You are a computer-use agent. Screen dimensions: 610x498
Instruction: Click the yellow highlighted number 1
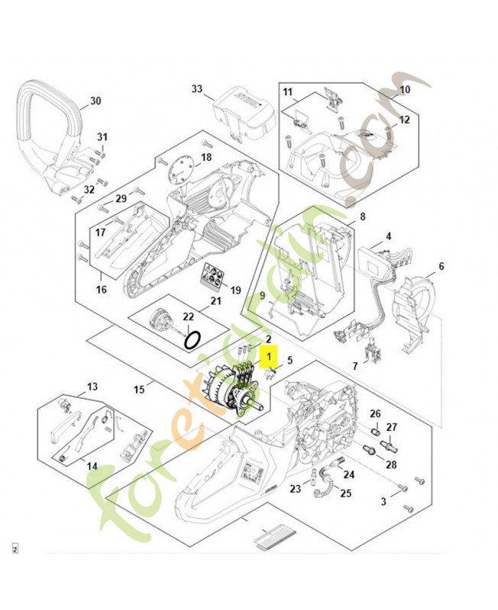pos(269,355)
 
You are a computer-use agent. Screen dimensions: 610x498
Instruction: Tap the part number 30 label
pos(95,101)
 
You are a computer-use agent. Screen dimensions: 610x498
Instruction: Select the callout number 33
pos(197,89)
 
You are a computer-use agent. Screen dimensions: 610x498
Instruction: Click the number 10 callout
pos(405,89)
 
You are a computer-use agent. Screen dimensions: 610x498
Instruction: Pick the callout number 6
pos(441,266)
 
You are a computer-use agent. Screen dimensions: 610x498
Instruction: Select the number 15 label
pos(139,390)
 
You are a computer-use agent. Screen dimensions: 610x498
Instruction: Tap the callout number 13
pos(92,387)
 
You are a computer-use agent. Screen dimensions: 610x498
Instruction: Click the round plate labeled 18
pos(181,172)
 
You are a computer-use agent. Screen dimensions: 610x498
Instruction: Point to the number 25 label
pos(345,493)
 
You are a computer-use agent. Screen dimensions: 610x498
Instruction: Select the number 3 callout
pos(383,501)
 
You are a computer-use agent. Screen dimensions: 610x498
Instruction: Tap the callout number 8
pos(362,217)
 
